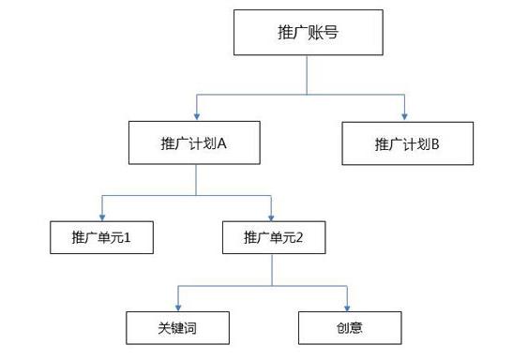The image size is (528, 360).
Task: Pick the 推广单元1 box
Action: pos(101,237)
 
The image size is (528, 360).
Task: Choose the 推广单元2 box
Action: pos(273,237)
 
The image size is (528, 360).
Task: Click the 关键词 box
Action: pos(178,327)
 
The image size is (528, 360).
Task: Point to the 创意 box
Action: pos(350,327)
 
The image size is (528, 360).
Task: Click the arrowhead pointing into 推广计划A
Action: pos(196,115)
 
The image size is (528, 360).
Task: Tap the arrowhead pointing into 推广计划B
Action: pos(406,115)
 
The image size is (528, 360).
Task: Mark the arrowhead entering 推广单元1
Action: pos(102,215)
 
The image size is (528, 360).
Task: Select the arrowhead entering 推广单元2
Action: pos(272,215)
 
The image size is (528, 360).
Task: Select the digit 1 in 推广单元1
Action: pos(126,237)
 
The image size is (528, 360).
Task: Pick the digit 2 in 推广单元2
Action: pos(297,237)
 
